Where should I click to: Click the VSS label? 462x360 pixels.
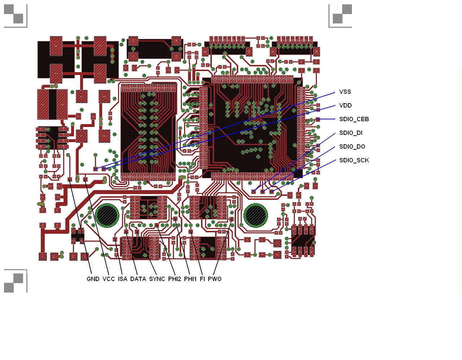(x=345, y=92)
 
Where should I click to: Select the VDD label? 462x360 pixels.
(x=345, y=106)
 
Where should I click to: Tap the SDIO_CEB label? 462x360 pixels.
(x=354, y=119)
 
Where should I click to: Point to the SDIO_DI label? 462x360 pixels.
(x=351, y=133)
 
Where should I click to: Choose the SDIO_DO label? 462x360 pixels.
(x=352, y=146)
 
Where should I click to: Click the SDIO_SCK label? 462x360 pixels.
(x=354, y=161)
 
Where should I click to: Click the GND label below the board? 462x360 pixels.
(x=93, y=279)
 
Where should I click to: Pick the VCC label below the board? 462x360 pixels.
(x=108, y=279)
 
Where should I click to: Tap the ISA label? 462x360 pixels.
(x=123, y=279)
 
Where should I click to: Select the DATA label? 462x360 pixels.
(x=138, y=279)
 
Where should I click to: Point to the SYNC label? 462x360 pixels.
(x=157, y=279)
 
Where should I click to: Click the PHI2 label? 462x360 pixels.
(x=175, y=279)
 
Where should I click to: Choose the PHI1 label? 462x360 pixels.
(x=190, y=279)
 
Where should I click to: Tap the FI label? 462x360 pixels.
(x=202, y=279)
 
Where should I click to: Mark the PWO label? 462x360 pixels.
(x=214, y=279)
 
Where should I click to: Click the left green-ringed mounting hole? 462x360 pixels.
(x=107, y=216)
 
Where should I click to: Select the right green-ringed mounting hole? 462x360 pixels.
(x=255, y=216)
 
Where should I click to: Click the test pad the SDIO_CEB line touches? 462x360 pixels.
(x=318, y=119)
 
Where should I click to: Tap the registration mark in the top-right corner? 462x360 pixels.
(x=340, y=16)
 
